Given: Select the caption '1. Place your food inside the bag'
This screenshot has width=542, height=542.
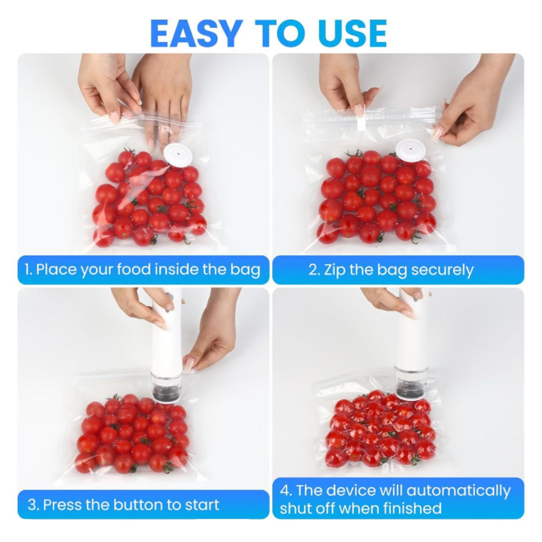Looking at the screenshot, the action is point(143,270).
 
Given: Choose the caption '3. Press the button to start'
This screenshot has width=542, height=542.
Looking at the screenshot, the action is point(124,505).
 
